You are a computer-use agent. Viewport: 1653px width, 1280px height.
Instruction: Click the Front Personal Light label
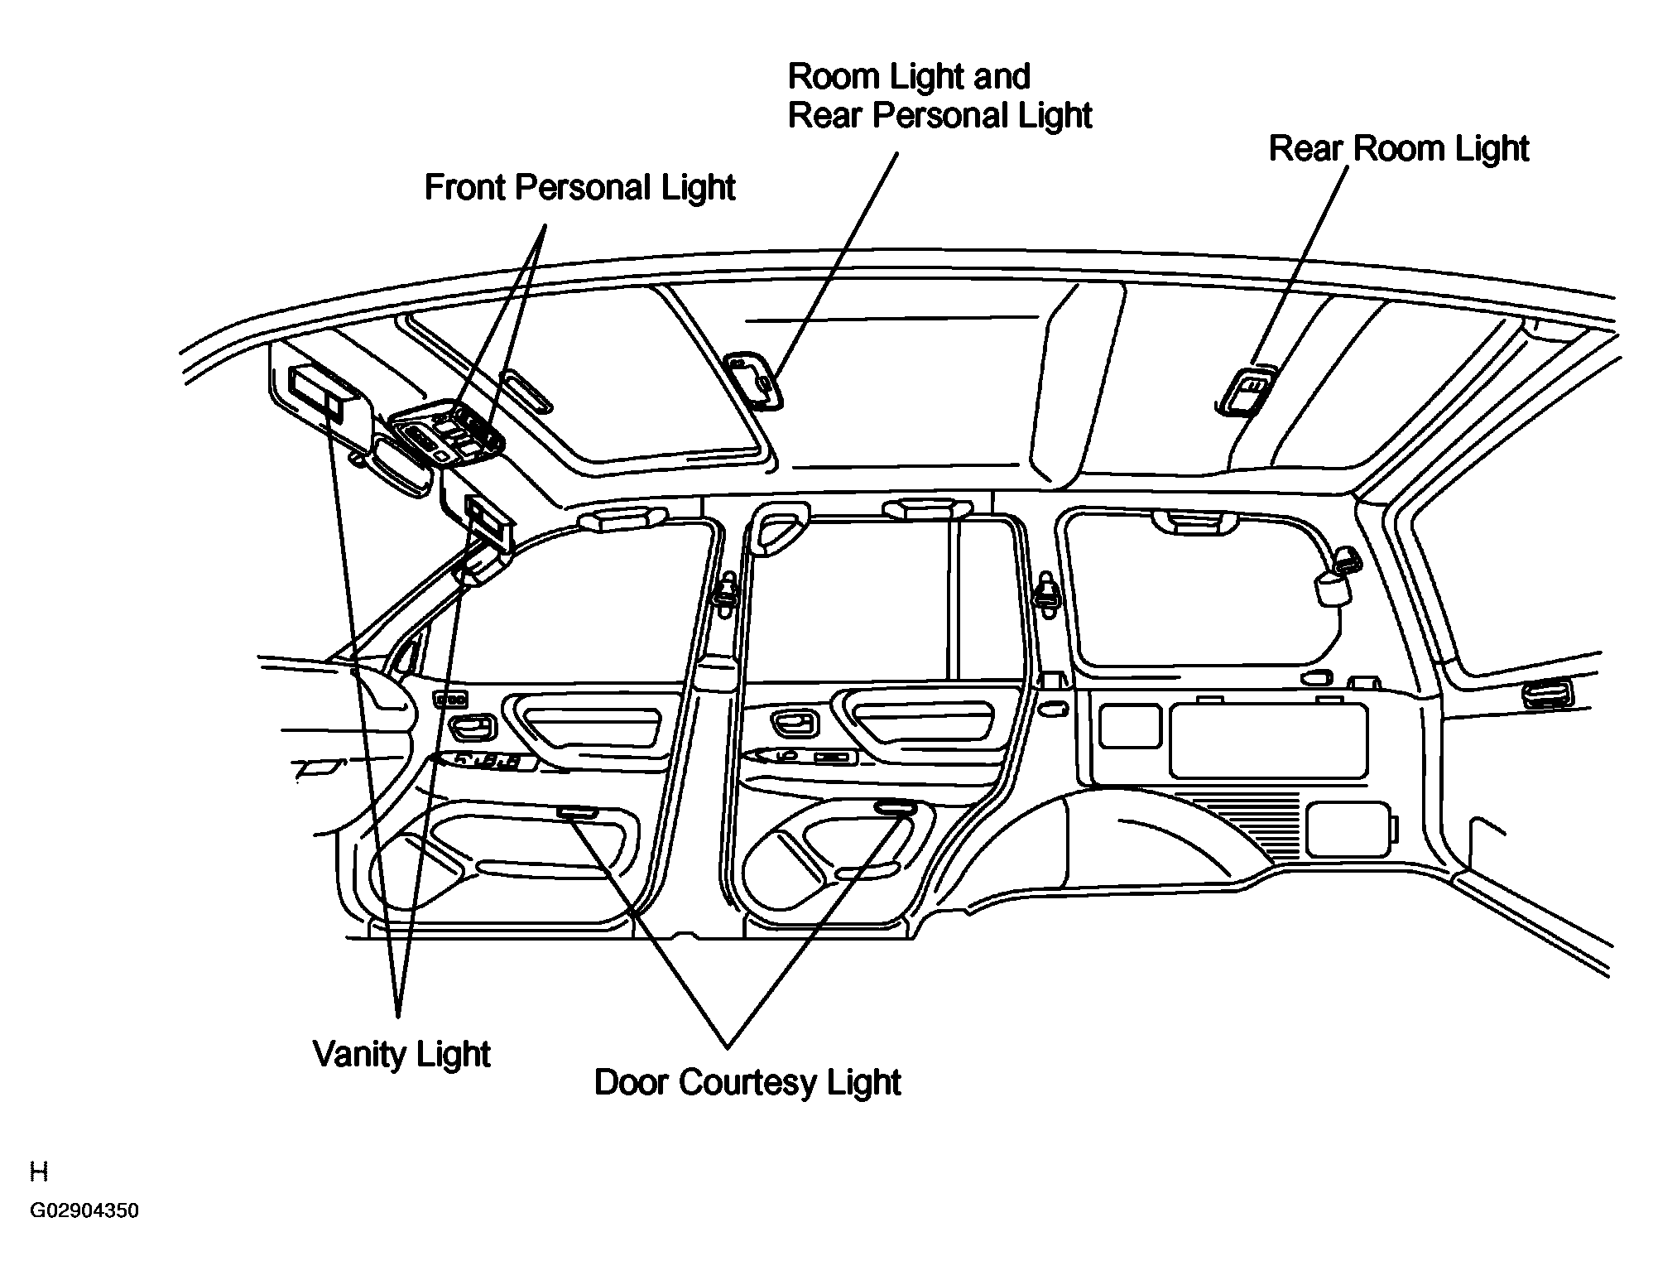(x=579, y=188)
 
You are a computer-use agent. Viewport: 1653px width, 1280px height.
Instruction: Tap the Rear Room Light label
(x=1399, y=148)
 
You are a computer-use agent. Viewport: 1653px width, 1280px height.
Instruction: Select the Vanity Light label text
(x=401, y=1055)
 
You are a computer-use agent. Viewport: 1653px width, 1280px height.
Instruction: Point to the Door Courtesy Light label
(x=747, y=1083)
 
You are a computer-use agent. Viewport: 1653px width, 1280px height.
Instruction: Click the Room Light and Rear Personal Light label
(x=939, y=96)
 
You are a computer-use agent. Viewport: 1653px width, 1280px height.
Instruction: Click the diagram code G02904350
(x=84, y=1211)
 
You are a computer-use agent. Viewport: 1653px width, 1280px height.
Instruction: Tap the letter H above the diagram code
(x=39, y=1172)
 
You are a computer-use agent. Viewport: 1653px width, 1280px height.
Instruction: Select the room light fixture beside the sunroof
(x=754, y=380)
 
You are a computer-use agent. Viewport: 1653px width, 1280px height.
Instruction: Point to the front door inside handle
(x=472, y=729)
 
